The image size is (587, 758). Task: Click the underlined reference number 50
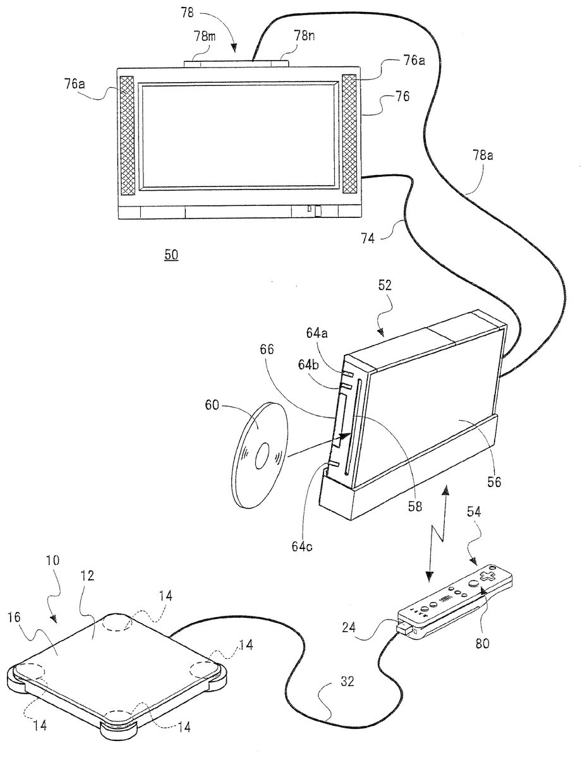pyautogui.click(x=171, y=255)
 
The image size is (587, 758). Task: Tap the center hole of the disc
pyautogui.click(x=262, y=456)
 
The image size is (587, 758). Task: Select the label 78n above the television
pyautogui.click(x=304, y=36)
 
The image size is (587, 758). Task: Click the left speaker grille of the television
pyautogui.click(x=127, y=135)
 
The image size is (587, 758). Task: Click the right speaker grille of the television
pyautogui.click(x=349, y=134)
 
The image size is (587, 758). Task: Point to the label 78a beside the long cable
pyautogui.click(x=482, y=155)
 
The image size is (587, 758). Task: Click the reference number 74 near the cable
pyautogui.click(x=368, y=239)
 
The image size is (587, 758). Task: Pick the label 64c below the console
pyautogui.click(x=303, y=546)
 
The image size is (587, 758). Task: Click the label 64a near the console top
pyautogui.click(x=317, y=333)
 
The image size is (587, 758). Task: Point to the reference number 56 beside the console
pyautogui.click(x=493, y=482)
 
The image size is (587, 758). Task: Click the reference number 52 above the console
pyautogui.click(x=385, y=286)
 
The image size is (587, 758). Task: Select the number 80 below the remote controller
pyautogui.click(x=482, y=643)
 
